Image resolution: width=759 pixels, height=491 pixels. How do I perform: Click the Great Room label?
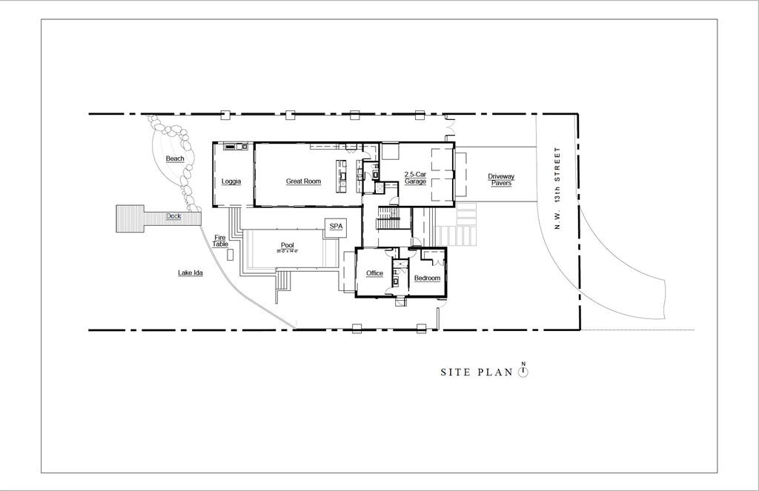point(303,181)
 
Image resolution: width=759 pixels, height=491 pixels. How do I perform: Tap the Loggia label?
point(231,181)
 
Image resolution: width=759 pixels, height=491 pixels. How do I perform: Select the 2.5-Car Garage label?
point(415,178)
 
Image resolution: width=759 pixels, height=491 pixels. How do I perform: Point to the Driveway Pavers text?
point(501,180)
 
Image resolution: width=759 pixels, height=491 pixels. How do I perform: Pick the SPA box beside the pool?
point(336,227)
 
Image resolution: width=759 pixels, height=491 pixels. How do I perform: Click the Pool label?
point(288,245)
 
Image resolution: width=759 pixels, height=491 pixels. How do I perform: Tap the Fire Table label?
point(220,241)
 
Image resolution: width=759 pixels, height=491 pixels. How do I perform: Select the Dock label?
point(173,216)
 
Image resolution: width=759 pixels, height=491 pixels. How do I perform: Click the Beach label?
point(175,158)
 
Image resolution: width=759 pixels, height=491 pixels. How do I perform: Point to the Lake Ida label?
point(190,273)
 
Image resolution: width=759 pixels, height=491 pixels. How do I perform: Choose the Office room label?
point(374,273)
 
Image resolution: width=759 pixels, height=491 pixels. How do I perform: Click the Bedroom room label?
point(427,278)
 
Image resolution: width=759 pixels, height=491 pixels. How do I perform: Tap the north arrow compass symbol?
point(523,371)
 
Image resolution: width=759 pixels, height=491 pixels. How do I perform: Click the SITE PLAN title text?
point(476,373)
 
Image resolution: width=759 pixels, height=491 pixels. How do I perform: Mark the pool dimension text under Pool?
point(288,252)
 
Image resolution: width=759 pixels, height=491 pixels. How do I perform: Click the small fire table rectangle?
point(231,254)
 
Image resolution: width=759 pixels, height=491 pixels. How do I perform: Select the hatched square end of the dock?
point(130,218)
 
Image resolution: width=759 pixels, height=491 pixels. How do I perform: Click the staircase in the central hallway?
point(388,218)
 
